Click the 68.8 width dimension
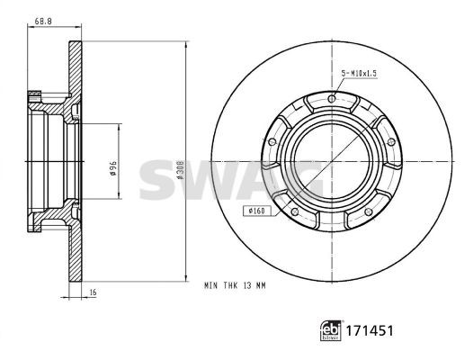pos(42,20)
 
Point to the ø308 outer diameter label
pos(181,162)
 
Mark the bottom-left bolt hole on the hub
pos(293,212)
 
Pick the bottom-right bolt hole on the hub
pos(369,212)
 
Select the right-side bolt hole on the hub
pos(392,142)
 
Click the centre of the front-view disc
pos(331,162)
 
